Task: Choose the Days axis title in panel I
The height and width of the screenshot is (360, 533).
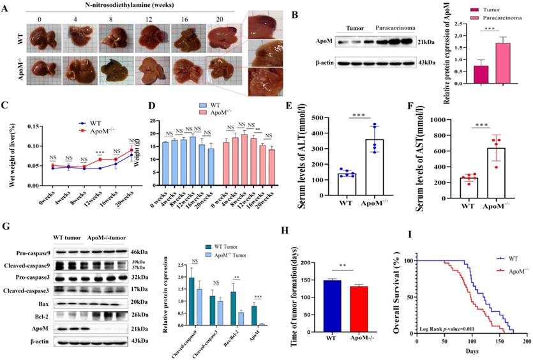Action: pos(472,350)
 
